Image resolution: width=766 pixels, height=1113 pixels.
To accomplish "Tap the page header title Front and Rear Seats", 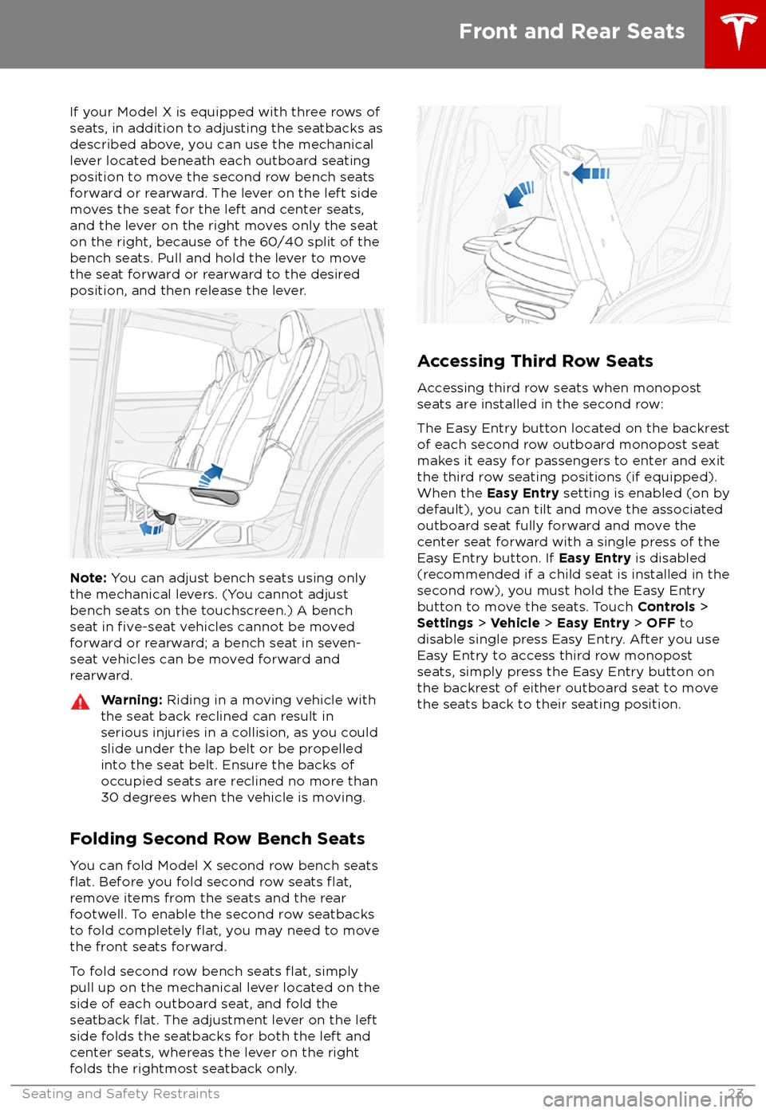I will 571,32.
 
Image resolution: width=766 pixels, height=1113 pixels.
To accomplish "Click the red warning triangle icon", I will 80,702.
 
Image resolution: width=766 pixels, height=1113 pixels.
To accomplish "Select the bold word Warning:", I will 132,700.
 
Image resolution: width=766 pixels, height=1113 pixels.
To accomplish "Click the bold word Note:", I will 88,578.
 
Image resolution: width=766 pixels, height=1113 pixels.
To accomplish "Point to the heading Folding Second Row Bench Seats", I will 217,839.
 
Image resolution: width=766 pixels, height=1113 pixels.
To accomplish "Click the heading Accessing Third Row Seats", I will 535,361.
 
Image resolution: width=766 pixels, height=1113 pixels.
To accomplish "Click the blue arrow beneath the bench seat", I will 151,528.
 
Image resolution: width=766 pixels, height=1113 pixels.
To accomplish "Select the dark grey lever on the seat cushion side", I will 215,497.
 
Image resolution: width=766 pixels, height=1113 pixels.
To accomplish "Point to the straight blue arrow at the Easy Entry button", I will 591,173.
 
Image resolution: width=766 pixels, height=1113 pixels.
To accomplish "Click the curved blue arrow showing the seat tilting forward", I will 520,194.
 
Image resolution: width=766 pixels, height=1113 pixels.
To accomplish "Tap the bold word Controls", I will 666,607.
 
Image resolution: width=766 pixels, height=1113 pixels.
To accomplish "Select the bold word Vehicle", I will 515,623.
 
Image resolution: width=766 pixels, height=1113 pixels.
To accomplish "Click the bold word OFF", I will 661,623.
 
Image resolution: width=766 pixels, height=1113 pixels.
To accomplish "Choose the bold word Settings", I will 444,623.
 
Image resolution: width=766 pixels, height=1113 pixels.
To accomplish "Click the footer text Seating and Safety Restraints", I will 120,1094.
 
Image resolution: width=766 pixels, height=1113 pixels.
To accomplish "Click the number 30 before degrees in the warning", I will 109,797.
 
